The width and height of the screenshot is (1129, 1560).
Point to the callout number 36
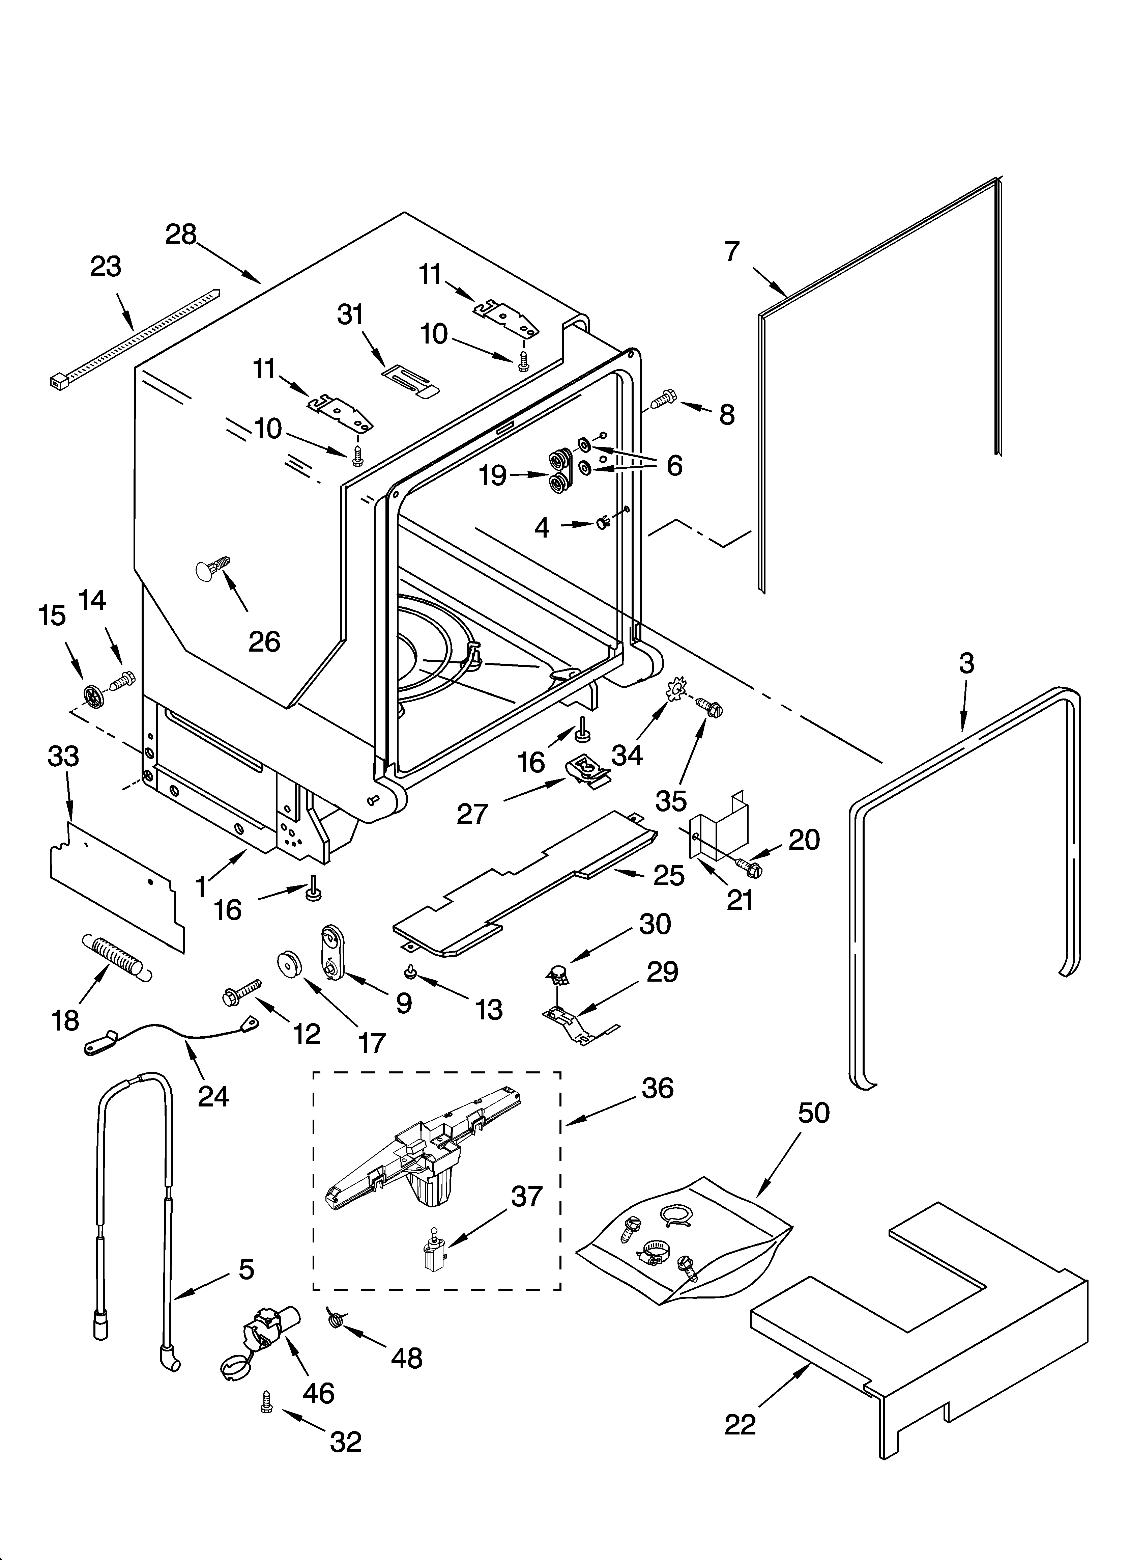click(x=657, y=1088)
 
